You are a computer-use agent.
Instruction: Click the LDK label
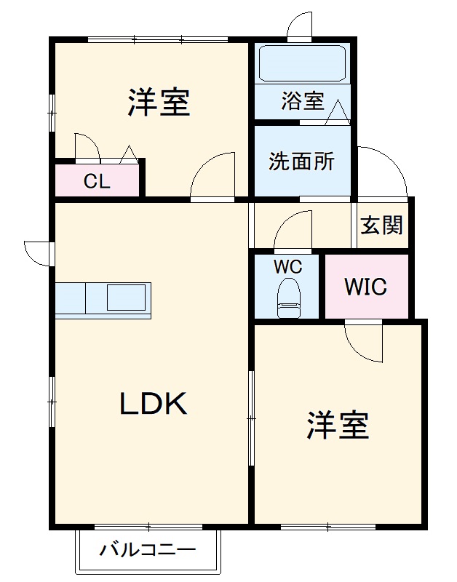coord(154,403)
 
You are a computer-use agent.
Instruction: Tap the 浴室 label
coord(303,101)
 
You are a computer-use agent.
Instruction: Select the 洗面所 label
coord(301,161)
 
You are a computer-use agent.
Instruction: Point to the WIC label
coord(366,287)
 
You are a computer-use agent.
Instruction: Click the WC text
coord(287,266)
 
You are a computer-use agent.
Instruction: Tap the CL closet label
coord(96,182)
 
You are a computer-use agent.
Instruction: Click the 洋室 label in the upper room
coord(159,103)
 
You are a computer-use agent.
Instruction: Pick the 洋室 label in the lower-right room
coord(338,425)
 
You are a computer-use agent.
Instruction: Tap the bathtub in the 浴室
coord(302,65)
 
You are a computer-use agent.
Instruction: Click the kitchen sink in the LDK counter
coord(128,298)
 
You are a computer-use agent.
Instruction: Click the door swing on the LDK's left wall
coord(38,252)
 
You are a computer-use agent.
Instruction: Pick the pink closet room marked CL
coord(98,180)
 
